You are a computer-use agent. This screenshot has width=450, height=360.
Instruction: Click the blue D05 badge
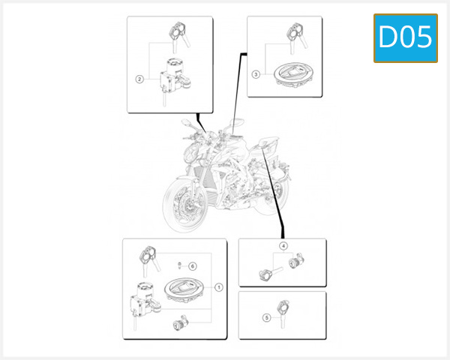point(405,37)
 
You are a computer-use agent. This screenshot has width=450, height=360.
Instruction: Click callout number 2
point(139,78)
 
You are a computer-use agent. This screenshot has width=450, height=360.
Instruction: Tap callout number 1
point(218,286)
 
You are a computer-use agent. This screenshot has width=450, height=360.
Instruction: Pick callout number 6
point(192,265)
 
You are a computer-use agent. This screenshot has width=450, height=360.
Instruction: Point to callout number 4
point(283,246)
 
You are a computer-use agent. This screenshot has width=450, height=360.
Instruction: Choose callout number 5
point(265,317)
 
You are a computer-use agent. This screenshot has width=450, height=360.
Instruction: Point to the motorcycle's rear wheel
point(276,191)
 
